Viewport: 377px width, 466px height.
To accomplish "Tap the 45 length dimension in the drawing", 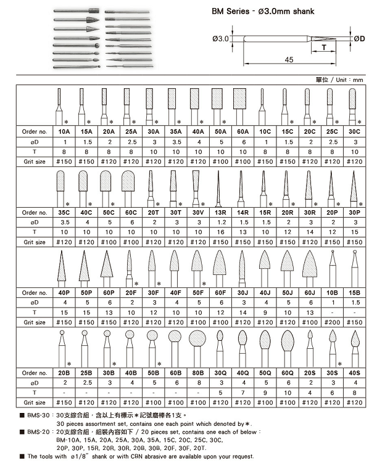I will click(x=289, y=59).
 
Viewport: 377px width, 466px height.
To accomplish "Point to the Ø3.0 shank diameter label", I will click(x=220, y=38).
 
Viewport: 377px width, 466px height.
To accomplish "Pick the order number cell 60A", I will click(x=242, y=132).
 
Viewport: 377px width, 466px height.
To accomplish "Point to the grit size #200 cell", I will click(x=331, y=322).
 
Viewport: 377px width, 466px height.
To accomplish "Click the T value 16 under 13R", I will click(x=220, y=232).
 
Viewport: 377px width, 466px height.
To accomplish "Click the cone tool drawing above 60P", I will click(x=108, y=267).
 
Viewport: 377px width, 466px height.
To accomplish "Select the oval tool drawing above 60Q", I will click(x=287, y=343).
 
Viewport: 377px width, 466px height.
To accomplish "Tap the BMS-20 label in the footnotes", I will click(x=36, y=433).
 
